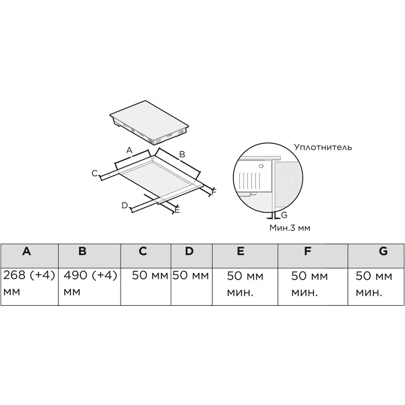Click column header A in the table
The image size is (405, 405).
coord(27,251)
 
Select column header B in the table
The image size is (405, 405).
coord(83,251)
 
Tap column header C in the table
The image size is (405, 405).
coord(143,251)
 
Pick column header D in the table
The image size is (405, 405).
coord(189,251)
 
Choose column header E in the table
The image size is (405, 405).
coord(241,251)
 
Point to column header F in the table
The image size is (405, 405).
coord(307,251)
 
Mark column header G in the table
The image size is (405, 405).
coord(383,251)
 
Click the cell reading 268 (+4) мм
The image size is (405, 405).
coord(29,283)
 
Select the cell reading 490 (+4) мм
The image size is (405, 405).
coord(91,283)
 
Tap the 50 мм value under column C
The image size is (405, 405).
coord(150,275)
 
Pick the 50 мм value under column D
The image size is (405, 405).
coord(191,275)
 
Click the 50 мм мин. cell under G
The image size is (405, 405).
coord(374,284)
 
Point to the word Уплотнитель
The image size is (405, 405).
coord(323,147)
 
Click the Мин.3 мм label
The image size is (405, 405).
coord(290,227)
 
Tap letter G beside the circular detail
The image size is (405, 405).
coord(284,215)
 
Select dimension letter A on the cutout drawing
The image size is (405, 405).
coord(129,150)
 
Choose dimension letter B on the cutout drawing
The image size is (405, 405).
coord(182,154)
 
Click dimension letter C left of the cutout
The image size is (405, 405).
coord(95,173)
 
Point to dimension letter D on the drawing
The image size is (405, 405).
coord(125,206)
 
